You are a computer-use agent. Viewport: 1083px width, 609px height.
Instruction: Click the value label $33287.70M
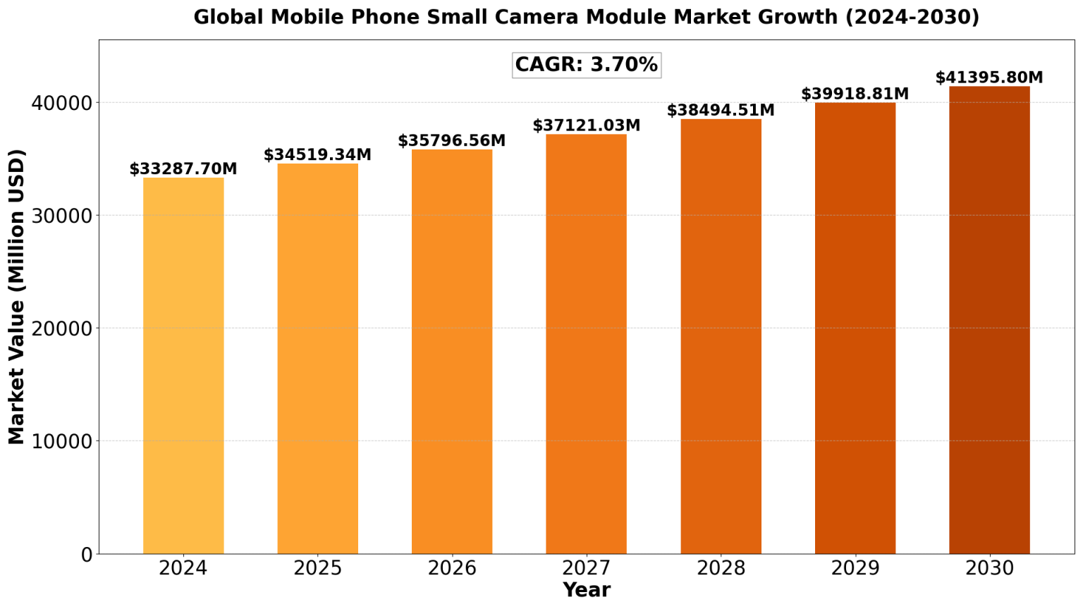coord(183,169)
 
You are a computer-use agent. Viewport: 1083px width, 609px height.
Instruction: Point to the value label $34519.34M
coord(317,155)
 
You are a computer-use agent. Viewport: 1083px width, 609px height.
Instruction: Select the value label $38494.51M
coord(721,111)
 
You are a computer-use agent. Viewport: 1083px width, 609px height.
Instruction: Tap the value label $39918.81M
coord(855,94)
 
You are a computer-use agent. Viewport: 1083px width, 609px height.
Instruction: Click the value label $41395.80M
coord(989,78)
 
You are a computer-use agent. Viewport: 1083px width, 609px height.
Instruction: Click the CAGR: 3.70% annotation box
coord(586,65)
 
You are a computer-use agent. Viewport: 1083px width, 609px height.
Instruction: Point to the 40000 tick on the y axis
coord(62,103)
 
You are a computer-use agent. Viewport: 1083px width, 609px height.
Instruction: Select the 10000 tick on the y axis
coord(62,441)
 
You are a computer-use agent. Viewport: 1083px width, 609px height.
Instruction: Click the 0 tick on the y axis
coord(87,555)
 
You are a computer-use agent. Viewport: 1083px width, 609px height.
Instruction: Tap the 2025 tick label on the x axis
coord(317,568)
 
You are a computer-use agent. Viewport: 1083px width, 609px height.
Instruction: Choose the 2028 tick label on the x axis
coord(721,568)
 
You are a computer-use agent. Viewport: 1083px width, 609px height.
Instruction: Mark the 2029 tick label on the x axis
coord(855,568)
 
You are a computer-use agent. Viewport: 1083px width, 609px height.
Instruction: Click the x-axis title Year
coord(586,590)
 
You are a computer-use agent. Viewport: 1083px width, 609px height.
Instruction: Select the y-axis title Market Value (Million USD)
coord(17,296)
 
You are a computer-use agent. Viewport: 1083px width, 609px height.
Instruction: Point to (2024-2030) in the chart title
coord(912,17)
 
